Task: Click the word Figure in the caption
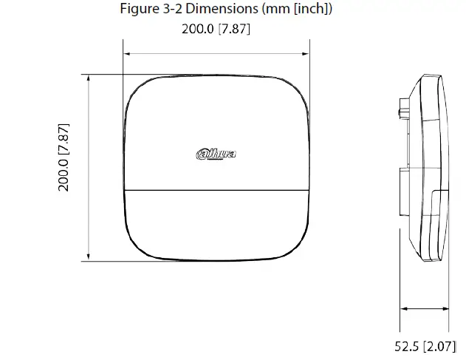click(x=137, y=10)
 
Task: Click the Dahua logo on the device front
click(x=216, y=154)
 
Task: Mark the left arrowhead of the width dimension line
click(x=127, y=54)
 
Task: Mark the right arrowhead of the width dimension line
click(x=305, y=54)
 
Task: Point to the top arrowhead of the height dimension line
click(x=90, y=78)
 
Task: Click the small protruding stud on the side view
click(x=400, y=112)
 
